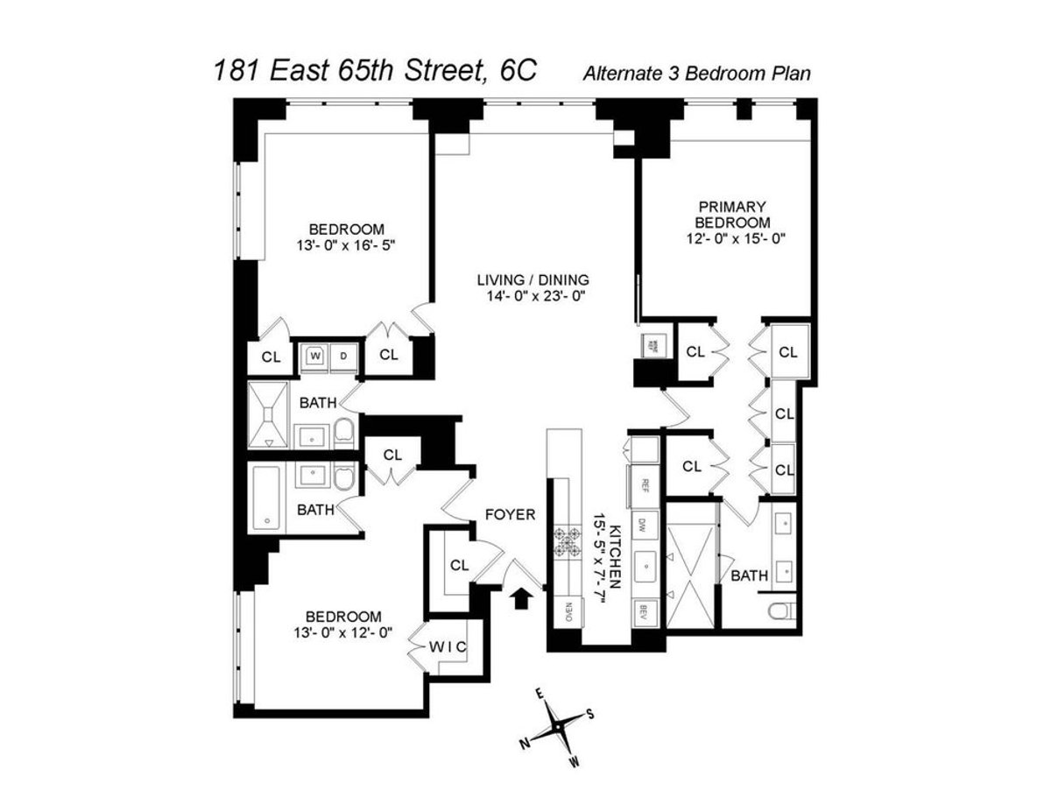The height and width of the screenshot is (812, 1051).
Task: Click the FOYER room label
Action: [x=510, y=515]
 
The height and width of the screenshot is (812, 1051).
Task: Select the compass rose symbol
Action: [x=558, y=726]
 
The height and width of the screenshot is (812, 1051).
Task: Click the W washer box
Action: [x=314, y=356]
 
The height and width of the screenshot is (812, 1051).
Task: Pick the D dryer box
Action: [x=343, y=356]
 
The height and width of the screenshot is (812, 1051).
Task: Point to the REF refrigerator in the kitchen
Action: [x=645, y=483]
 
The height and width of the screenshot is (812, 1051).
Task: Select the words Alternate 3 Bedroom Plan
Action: [x=696, y=74]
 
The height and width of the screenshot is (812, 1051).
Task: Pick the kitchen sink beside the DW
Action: [x=646, y=565]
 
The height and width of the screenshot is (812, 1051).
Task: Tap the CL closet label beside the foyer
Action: [x=460, y=565]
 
